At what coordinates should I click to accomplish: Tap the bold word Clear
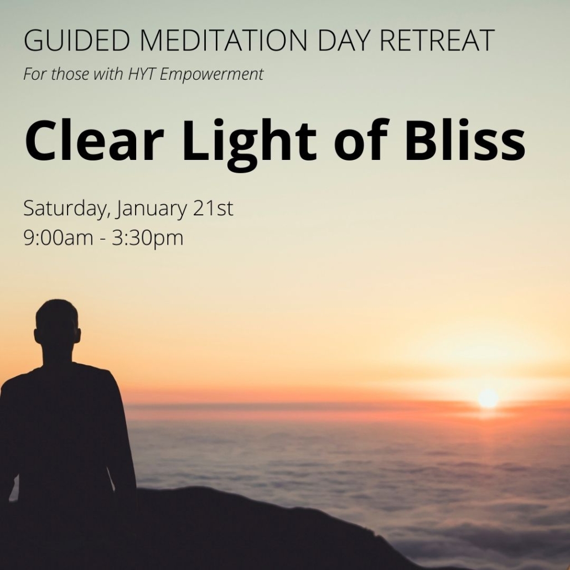[x=94, y=140]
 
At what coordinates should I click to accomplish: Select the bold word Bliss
[x=465, y=140]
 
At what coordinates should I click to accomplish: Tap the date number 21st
[x=213, y=208]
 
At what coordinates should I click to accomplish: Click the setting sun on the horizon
[x=488, y=399]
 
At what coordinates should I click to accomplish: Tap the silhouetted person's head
[x=58, y=324]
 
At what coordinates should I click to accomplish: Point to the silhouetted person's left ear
[x=37, y=335]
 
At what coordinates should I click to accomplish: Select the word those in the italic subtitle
[x=70, y=74]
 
